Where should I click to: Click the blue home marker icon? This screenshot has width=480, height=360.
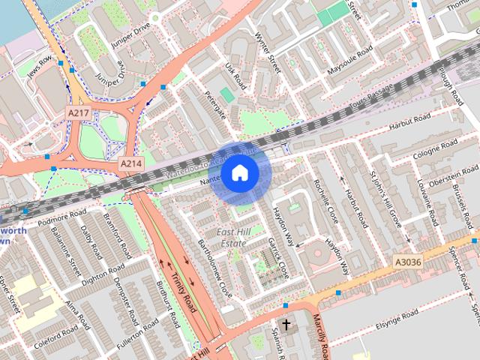tap(239, 173)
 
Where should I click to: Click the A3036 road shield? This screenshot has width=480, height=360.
tap(409, 262)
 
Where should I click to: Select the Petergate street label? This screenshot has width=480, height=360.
tap(214, 105)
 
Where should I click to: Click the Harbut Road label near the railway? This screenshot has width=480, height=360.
tap(409, 120)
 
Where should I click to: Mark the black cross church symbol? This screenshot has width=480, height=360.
tap(285, 325)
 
